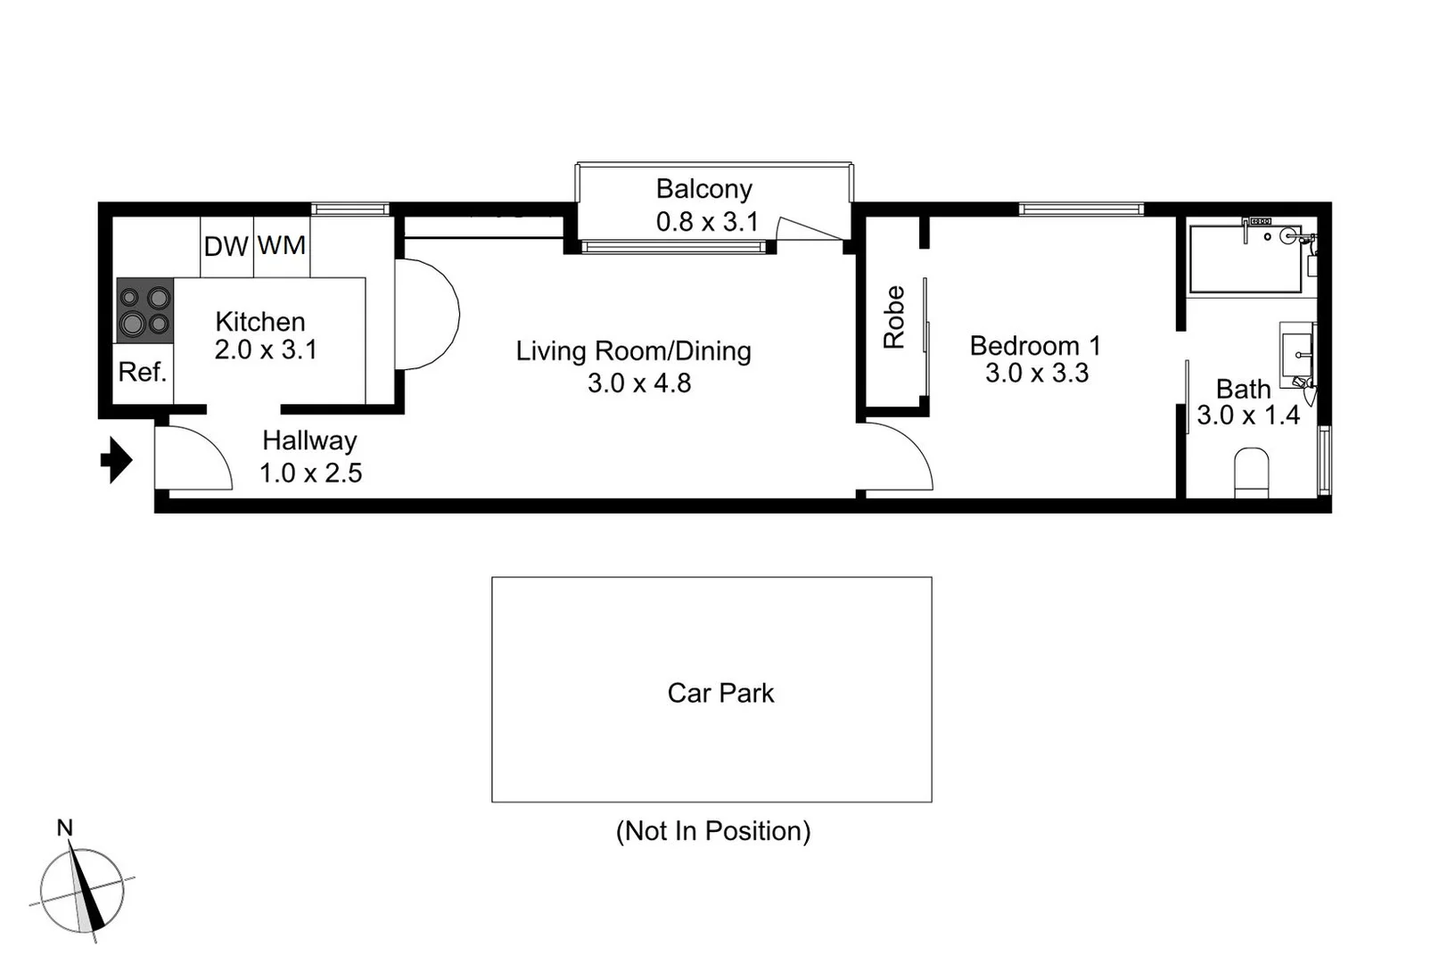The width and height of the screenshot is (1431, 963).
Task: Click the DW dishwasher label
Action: [226, 246]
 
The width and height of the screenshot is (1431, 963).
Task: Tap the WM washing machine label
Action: [282, 245]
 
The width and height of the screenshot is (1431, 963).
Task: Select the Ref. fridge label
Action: [143, 372]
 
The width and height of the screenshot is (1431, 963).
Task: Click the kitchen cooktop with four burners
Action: [144, 309]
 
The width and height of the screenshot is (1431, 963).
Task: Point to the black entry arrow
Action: [116, 460]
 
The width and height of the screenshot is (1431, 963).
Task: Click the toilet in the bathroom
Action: [1251, 473]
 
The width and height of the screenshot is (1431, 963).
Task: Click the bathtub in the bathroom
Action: [1246, 259]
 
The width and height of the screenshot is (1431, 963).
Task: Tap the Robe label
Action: [894, 317]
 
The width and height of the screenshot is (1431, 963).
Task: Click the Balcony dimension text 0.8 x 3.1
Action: [706, 221]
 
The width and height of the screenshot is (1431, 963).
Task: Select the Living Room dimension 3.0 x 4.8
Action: [638, 383]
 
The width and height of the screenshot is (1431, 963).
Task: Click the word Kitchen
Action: [260, 321]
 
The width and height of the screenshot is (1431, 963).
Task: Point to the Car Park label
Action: [720, 693]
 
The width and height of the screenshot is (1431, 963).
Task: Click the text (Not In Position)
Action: [712, 831]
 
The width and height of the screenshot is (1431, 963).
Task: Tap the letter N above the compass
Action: [64, 828]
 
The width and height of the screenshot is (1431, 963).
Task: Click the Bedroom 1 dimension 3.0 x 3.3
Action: [1036, 373]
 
